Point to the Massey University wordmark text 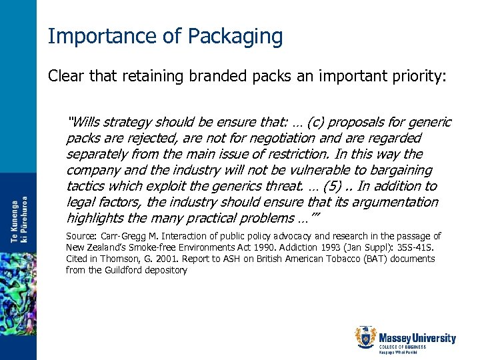click(x=417, y=338)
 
